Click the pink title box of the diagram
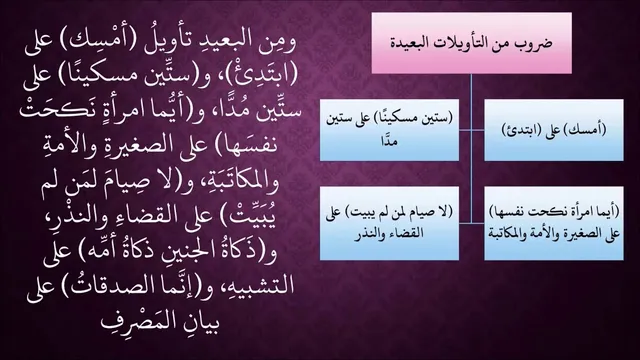(471, 43)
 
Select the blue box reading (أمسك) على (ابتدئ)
(553, 130)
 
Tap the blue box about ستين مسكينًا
(389, 130)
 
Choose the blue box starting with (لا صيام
(389, 223)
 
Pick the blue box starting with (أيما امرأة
(553, 223)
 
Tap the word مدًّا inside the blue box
(389, 141)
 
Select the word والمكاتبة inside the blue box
(507, 234)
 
